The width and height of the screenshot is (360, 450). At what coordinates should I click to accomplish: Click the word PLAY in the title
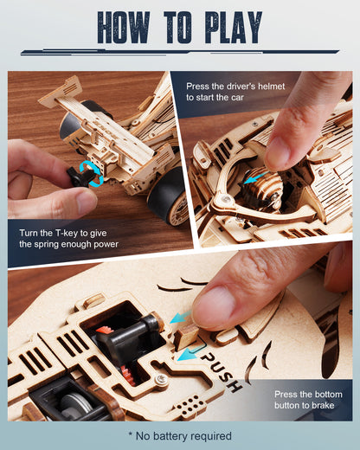coord(235,29)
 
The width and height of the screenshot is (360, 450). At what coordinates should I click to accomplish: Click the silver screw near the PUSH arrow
coord(161,378)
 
